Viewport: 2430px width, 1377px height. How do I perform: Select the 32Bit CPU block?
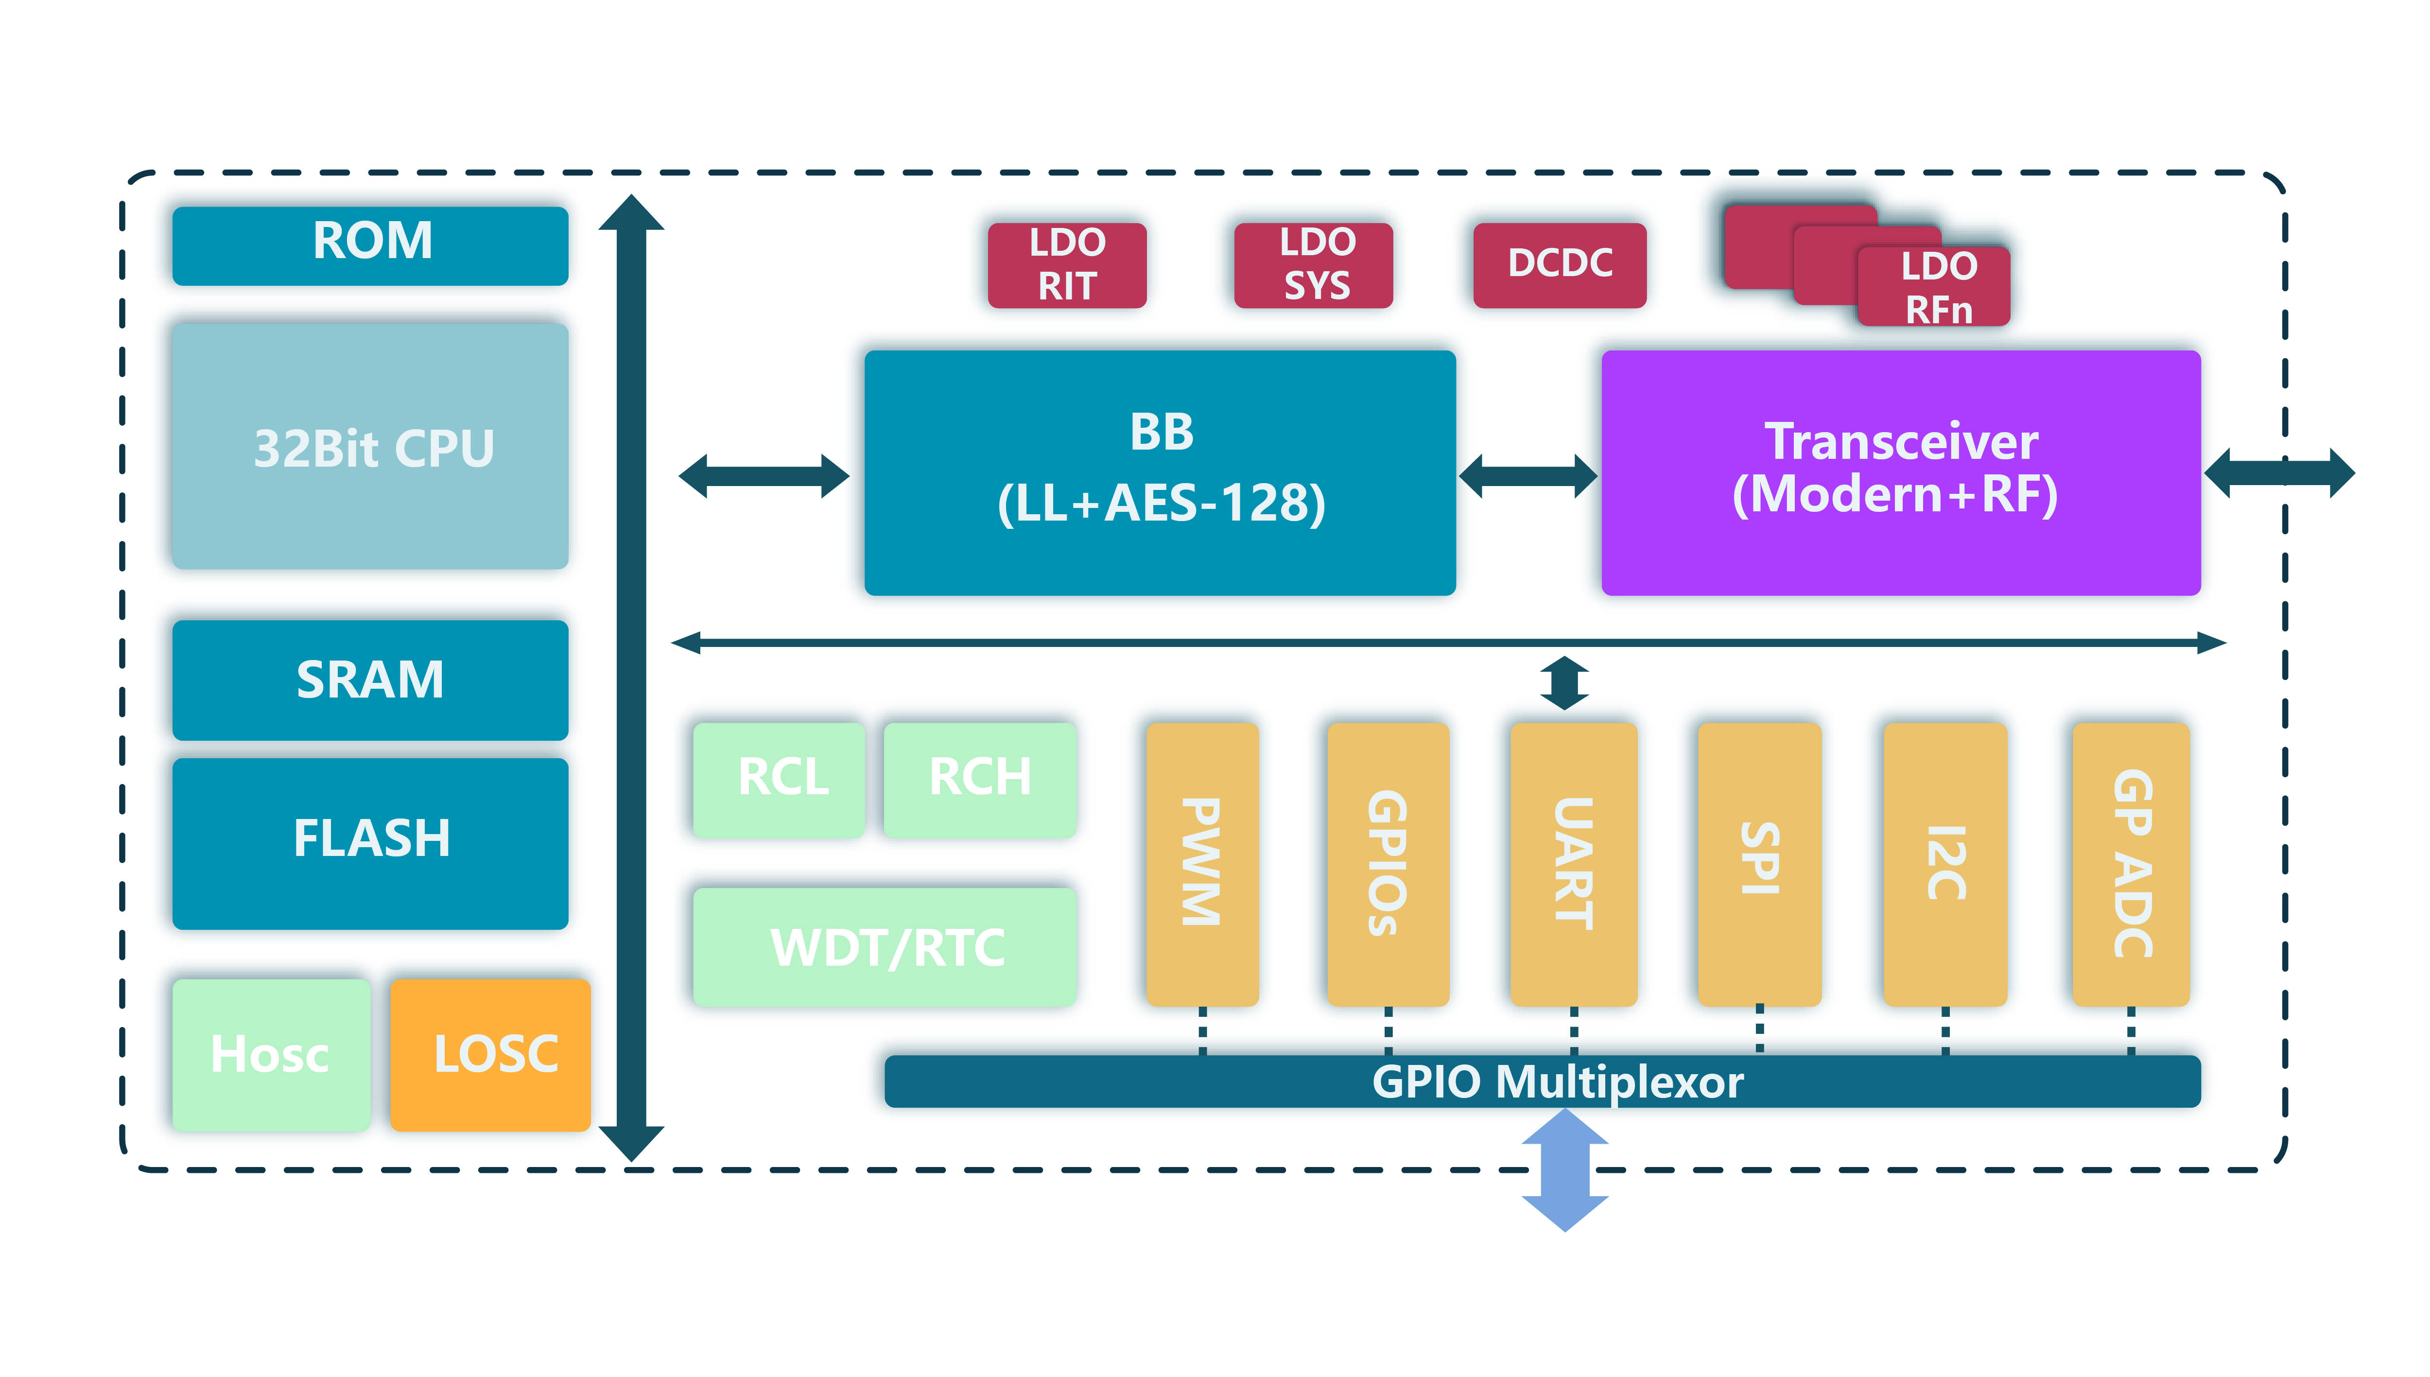[370, 446]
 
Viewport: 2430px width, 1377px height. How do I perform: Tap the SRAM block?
[370, 679]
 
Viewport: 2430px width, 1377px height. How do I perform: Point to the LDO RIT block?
[1067, 265]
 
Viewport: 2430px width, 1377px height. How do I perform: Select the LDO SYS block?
[1313, 265]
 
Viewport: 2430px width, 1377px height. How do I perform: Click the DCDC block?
[1559, 265]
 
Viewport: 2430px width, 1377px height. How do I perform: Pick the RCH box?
[980, 778]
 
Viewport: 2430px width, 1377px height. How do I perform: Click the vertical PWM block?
[1202, 863]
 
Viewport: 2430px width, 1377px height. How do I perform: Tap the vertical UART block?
[1573, 863]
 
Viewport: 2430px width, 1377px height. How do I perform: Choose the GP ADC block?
[2130, 863]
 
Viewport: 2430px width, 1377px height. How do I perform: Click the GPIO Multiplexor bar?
[1541, 1081]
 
